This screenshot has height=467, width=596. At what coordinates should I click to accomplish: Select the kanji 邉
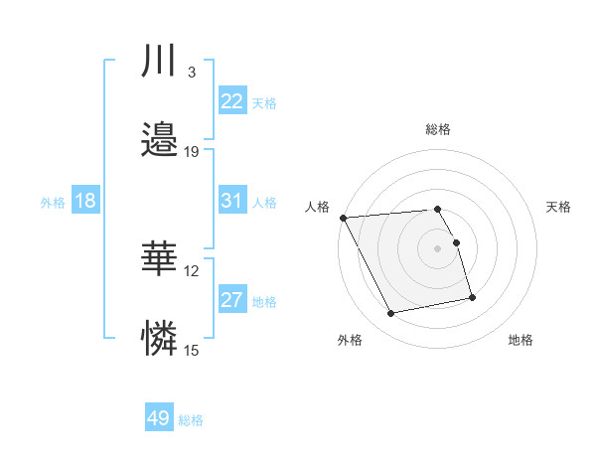tap(159, 140)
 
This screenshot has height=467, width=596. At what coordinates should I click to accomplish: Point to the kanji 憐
tap(159, 339)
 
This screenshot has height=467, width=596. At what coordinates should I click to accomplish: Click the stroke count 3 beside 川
tap(191, 73)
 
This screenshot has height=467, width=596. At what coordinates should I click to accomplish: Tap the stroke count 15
tap(191, 350)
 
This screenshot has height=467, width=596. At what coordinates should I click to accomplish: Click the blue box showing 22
tap(231, 101)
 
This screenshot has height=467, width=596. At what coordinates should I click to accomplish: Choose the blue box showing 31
tap(231, 201)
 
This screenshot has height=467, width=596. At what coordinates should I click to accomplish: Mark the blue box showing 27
tap(231, 300)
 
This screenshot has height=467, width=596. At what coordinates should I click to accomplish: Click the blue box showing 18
tap(85, 201)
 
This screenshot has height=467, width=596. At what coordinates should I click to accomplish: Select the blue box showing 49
tap(159, 418)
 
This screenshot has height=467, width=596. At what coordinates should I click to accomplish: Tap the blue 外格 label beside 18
tap(53, 202)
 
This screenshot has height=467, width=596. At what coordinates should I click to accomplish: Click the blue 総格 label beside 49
tap(191, 420)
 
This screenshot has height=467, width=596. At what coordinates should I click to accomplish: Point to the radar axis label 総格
tap(438, 129)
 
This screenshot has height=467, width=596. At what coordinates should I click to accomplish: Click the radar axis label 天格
tap(559, 207)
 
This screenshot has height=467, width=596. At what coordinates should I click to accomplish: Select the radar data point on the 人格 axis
tap(343, 218)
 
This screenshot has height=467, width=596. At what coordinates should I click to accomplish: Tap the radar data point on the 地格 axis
tap(472, 297)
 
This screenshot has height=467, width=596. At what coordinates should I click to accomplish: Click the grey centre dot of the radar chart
tap(438, 248)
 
